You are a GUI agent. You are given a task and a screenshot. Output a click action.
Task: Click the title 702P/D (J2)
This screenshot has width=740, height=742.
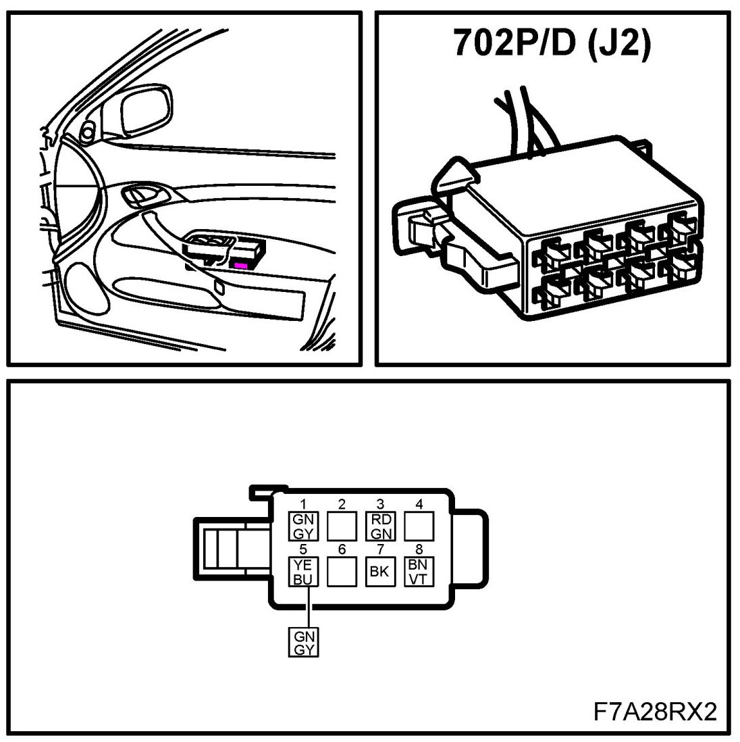coord(552,44)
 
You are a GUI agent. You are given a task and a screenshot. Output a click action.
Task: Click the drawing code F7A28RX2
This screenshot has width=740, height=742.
coord(654,711)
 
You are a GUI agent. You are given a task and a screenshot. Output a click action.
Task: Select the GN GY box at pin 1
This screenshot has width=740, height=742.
coord(303,525)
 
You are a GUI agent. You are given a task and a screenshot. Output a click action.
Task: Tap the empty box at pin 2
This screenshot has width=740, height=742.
coord(342,525)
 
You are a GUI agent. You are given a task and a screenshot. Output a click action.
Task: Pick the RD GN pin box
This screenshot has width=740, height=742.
coord(379,525)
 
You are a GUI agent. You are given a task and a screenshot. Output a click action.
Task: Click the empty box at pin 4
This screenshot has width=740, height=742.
coord(419,525)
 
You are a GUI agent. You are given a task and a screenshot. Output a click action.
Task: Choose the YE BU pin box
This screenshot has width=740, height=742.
coord(303,572)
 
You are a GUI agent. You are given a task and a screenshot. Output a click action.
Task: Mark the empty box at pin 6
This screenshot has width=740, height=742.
coord(342,572)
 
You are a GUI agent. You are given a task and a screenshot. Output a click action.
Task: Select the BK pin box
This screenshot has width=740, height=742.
coord(379,572)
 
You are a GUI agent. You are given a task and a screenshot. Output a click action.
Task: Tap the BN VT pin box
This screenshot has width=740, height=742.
coord(419,572)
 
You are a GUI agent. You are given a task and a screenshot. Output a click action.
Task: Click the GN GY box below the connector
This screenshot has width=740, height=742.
coord(303,641)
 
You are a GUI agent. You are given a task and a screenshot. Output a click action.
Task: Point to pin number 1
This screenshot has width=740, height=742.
coord(304,504)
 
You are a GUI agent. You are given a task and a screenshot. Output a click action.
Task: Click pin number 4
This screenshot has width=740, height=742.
coord(419,504)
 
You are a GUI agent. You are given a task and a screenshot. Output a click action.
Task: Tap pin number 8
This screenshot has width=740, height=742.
coord(419,549)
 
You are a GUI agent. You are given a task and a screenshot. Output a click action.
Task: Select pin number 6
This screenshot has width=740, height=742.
coord(342,549)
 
